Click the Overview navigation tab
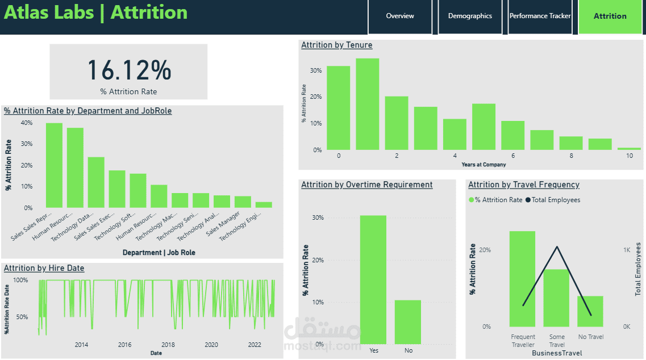400,16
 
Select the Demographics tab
470,16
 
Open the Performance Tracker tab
540,16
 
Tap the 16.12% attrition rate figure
129,70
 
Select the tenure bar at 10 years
629,149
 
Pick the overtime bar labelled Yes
373,280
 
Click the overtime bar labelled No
408,322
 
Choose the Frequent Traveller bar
522,279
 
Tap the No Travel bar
590,311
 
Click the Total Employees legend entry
556,200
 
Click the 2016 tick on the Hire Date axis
124,345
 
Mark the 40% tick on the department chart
26,123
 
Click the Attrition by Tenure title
337,45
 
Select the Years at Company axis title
484,165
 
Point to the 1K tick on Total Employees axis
627,250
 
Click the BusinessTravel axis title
557,353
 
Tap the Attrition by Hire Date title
44,268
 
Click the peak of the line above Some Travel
557,246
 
